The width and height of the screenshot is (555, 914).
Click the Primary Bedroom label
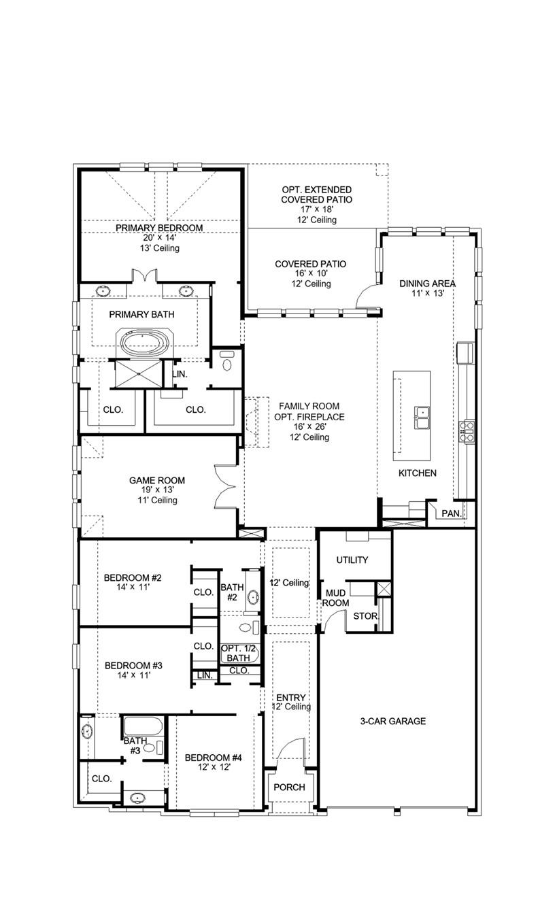point(159,228)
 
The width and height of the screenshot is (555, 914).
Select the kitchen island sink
point(422,418)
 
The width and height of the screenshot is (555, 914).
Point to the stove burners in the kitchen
point(467,431)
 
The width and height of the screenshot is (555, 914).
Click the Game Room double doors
point(226,487)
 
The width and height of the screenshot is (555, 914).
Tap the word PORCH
point(289,787)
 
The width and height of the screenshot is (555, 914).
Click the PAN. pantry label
point(452,513)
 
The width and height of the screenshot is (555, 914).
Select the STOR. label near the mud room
point(365,615)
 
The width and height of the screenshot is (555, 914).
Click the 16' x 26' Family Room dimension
point(309,427)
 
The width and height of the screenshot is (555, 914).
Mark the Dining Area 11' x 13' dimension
point(427,293)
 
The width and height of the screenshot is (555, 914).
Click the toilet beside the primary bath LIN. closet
point(227,361)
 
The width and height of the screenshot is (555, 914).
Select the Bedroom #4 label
point(214,758)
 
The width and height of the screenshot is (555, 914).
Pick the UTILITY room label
point(352,560)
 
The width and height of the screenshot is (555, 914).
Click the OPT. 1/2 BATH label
point(238,654)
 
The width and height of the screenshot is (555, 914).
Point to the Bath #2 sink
point(253,598)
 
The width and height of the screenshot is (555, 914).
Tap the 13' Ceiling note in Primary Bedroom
point(160,248)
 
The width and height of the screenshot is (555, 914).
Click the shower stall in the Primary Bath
point(139,373)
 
